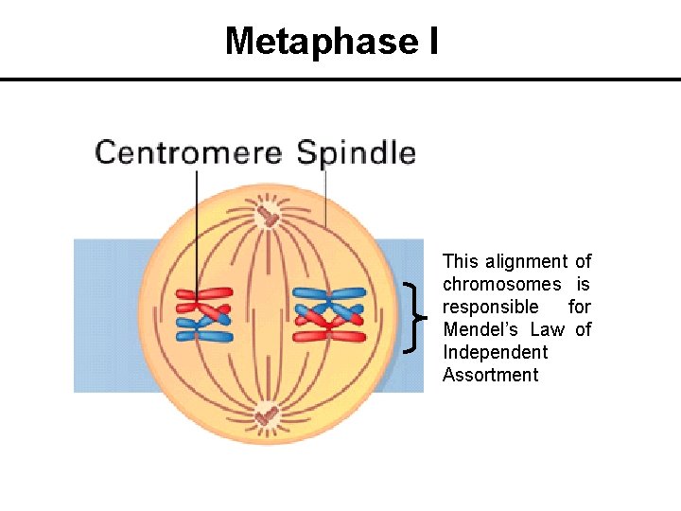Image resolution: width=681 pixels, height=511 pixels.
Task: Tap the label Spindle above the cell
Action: pyautogui.click(x=356, y=153)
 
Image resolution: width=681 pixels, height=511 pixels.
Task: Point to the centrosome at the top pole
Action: pyautogui.click(x=270, y=217)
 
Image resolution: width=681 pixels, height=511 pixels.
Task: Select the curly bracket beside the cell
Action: pyautogui.click(x=413, y=317)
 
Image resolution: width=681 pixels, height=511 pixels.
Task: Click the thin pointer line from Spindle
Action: pyautogui.click(x=325, y=199)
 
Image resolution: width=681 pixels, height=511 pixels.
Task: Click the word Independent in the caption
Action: pyautogui.click(x=495, y=352)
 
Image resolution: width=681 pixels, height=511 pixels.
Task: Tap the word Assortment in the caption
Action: pyautogui.click(x=490, y=375)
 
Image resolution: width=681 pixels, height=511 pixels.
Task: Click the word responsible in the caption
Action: pyautogui.click(x=490, y=307)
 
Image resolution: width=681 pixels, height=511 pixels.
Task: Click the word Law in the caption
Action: pyautogui.click(x=547, y=329)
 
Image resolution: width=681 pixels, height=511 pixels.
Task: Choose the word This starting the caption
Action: pyautogui.click(x=461, y=261)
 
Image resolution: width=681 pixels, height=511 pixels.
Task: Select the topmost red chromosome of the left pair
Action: pyautogui.click(x=202, y=293)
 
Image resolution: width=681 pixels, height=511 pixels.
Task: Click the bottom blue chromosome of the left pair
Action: pyautogui.click(x=204, y=335)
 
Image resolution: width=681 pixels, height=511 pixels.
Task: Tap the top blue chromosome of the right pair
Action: pyautogui.click(x=328, y=293)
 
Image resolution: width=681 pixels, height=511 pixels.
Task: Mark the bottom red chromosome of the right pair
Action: pyautogui.click(x=328, y=336)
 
